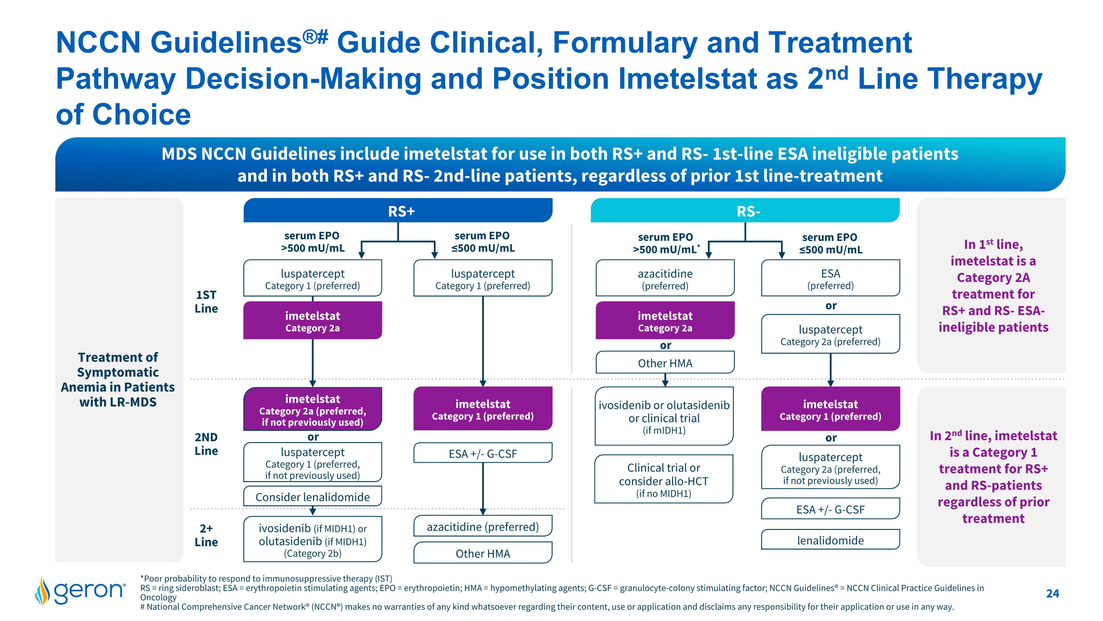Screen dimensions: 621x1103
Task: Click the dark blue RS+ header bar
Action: tap(398, 211)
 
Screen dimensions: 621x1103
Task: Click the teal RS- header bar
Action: tap(745, 211)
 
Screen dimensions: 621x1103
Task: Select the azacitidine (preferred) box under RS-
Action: tap(665, 279)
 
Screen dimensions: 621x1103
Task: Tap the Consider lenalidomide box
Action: tap(313, 497)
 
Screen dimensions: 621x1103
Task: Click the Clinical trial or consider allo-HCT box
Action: tap(664, 480)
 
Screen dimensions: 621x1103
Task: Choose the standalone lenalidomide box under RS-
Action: tap(830, 540)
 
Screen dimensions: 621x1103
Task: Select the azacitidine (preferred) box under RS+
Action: tap(482, 526)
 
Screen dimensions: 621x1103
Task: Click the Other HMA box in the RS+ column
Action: tap(482, 553)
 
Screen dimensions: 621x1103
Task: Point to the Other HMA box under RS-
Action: tap(665, 363)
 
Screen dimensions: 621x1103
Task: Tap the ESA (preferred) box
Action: tap(830, 279)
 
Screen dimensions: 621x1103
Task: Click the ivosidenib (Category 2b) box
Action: tap(313, 540)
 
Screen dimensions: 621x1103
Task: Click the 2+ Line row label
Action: tap(206, 535)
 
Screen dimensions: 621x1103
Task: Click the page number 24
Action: tap(1053, 593)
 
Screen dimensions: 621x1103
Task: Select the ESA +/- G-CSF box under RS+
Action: tap(482, 454)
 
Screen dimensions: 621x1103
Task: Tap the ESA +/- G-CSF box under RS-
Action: tap(830, 509)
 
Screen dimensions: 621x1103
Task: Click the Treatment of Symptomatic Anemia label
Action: tap(118, 379)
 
